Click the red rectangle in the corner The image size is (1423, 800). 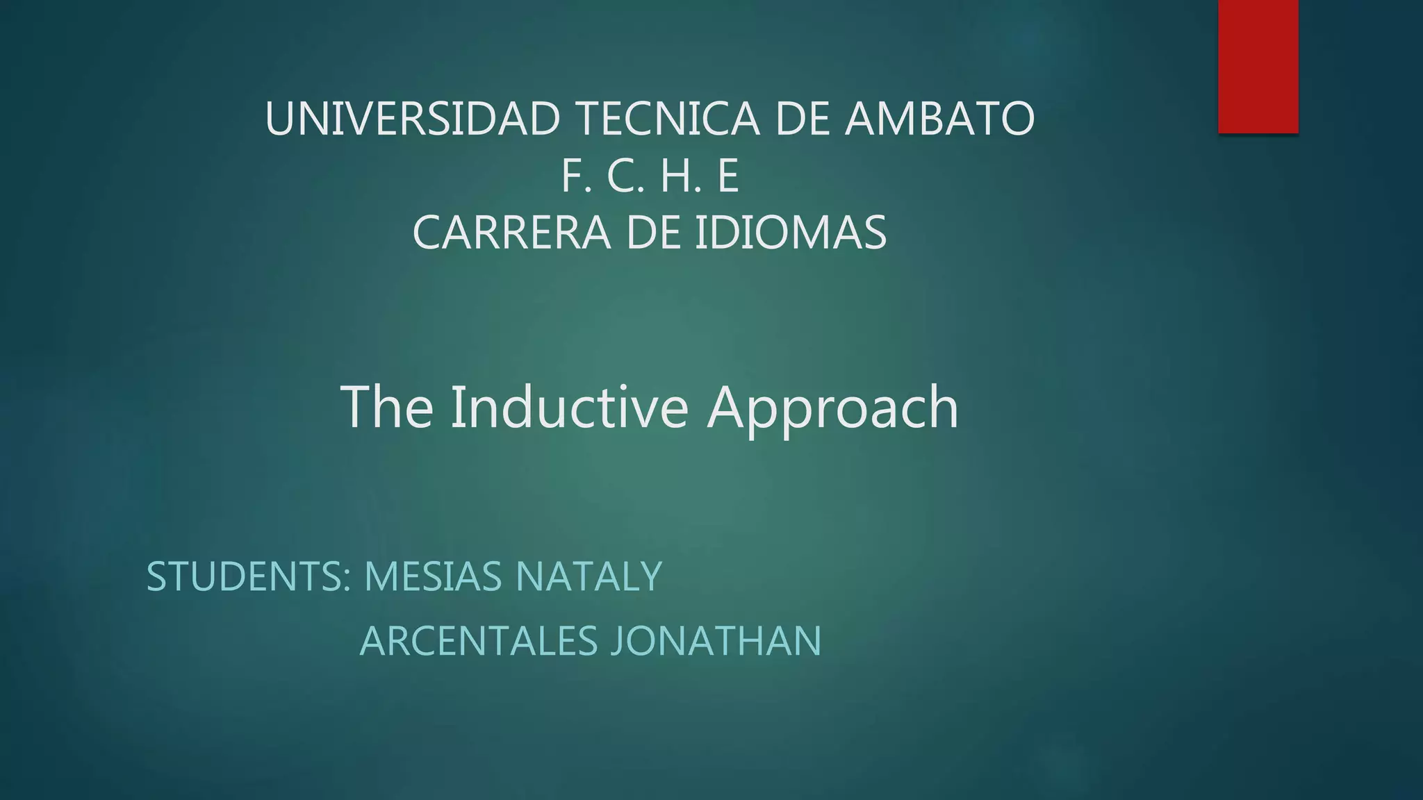pyautogui.click(x=1258, y=66)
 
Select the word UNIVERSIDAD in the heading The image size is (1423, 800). pyautogui.click(x=413, y=119)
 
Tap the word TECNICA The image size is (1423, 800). pyautogui.click(x=668, y=119)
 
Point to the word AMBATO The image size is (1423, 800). pyautogui.click(x=939, y=119)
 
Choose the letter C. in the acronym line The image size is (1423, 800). pyautogui.click(x=626, y=176)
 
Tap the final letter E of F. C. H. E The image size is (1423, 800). pyautogui.click(x=727, y=176)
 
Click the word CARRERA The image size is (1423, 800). pyautogui.click(x=511, y=233)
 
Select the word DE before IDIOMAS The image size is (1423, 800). pyautogui.click(x=653, y=233)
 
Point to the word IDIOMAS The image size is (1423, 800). pyautogui.click(x=791, y=233)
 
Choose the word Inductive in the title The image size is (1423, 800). pyautogui.click(x=569, y=408)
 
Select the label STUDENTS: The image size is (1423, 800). pyautogui.click(x=249, y=576)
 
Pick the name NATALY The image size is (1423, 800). pyautogui.click(x=589, y=576)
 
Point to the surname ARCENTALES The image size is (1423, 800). pyautogui.click(x=479, y=641)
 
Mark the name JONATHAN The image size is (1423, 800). pyautogui.click(x=716, y=641)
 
